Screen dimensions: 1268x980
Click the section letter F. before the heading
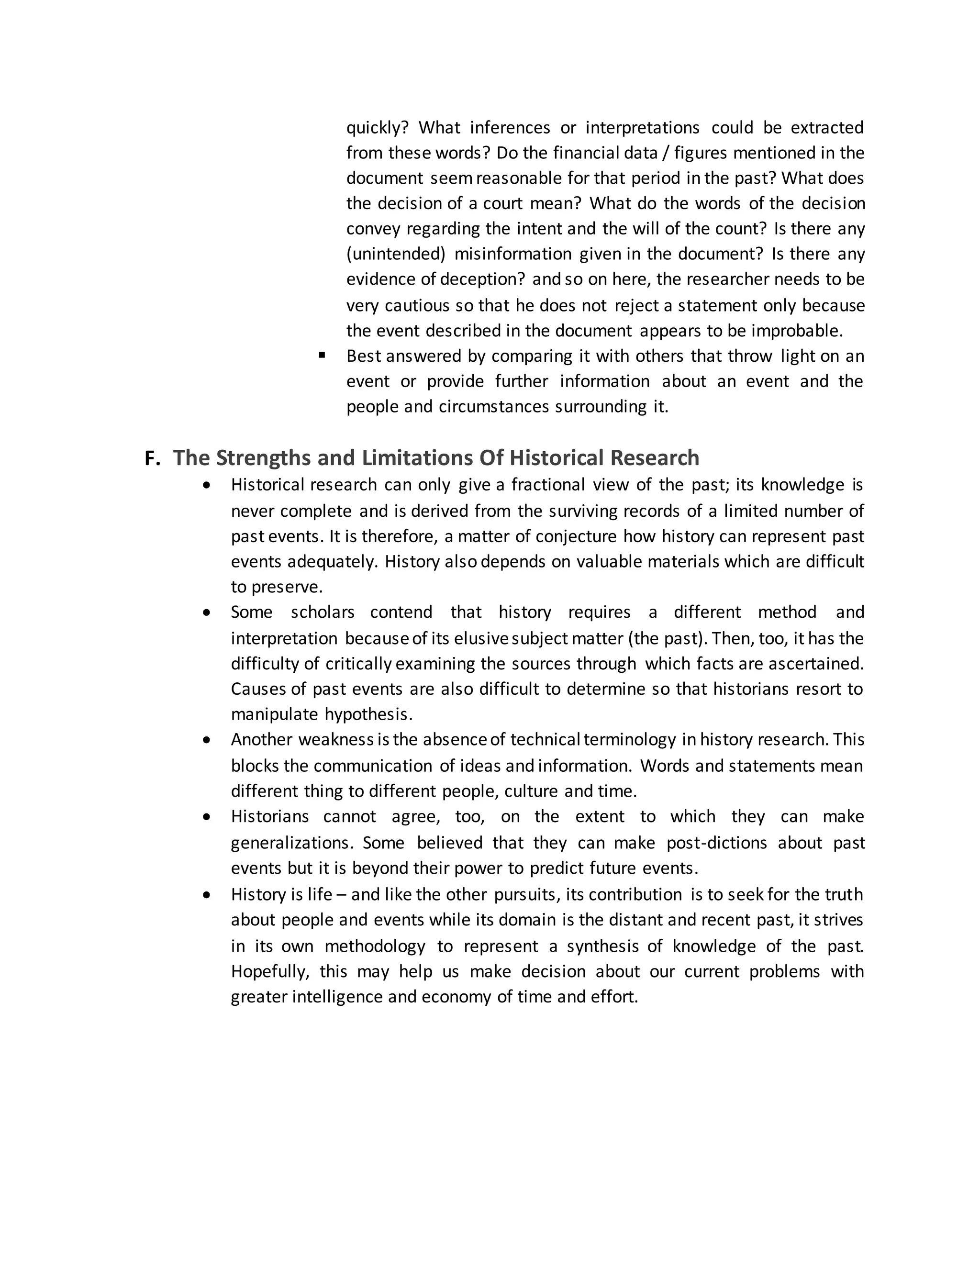click(x=152, y=459)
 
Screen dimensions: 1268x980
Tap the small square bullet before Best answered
click(x=322, y=355)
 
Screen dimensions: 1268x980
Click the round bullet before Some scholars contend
click(x=207, y=612)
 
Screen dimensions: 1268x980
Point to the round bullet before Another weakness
click(x=207, y=740)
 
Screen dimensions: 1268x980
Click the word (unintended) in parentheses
click(x=395, y=254)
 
